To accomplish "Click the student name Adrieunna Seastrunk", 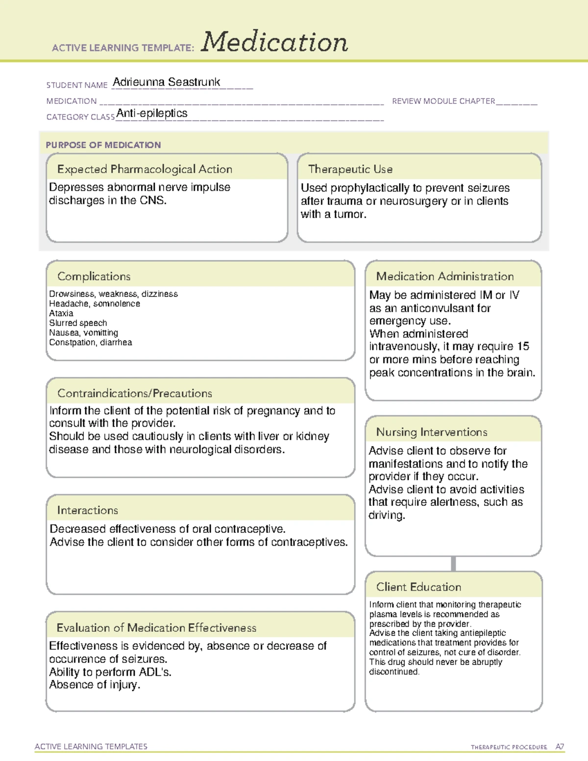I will (x=167, y=82).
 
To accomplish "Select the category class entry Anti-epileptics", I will (x=152, y=113).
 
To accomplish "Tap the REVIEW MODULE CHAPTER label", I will (x=443, y=101).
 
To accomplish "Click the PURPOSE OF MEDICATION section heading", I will (x=103, y=145).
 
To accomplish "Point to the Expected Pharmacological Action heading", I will (x=145, y=169).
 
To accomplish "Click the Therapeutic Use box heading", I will (x=350, y=169).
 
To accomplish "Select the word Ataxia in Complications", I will (x=61, y=313).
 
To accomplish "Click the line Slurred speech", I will (x=78, y=323).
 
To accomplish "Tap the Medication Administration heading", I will (x=445, y=276).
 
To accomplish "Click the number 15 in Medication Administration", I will (x=523, y=346).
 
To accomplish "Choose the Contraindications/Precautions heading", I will (x=135, y=393).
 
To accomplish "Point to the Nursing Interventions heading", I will (x=432, y=432).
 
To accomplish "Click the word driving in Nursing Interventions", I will (x=386, y=516).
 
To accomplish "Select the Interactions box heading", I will (x=88, y=510).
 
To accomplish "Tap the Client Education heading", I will (x=419, y=587).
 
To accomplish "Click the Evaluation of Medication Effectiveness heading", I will (x=156, y=628).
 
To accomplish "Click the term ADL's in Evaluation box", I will (x=156, y=672).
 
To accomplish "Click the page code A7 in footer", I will (x=560, y=747).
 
